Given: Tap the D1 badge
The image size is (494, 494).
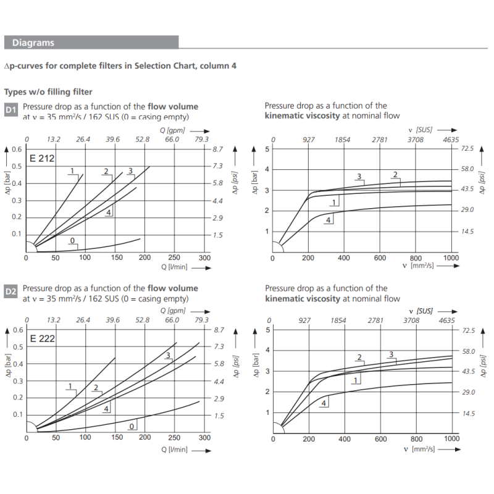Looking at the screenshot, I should coord(11,111).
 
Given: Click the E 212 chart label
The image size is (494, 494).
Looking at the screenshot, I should coord(43,159).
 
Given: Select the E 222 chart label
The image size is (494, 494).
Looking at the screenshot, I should coord(43,339).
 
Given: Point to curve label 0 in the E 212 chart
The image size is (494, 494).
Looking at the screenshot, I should coord(73,240).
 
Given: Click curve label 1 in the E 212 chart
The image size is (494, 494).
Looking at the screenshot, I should coord(72,171).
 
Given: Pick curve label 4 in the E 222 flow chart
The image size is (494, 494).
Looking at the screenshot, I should coord(107,408).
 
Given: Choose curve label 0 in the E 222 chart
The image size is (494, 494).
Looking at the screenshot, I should coord(132,426).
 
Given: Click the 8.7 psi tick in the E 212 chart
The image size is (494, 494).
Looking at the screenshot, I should coord(217,149).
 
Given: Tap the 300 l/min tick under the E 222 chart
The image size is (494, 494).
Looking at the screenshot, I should coord(204,437).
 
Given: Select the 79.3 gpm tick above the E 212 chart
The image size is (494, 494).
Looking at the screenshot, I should coord(201,140).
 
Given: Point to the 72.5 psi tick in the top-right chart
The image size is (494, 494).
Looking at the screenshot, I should coord(466,149).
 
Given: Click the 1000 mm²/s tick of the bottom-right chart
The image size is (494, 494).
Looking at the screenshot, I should coord(451,438).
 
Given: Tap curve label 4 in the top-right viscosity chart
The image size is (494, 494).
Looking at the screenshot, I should coord(328,220).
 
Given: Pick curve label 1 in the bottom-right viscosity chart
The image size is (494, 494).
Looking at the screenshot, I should coord(356,380).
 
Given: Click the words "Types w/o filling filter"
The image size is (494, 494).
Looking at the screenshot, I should coord(48,92).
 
